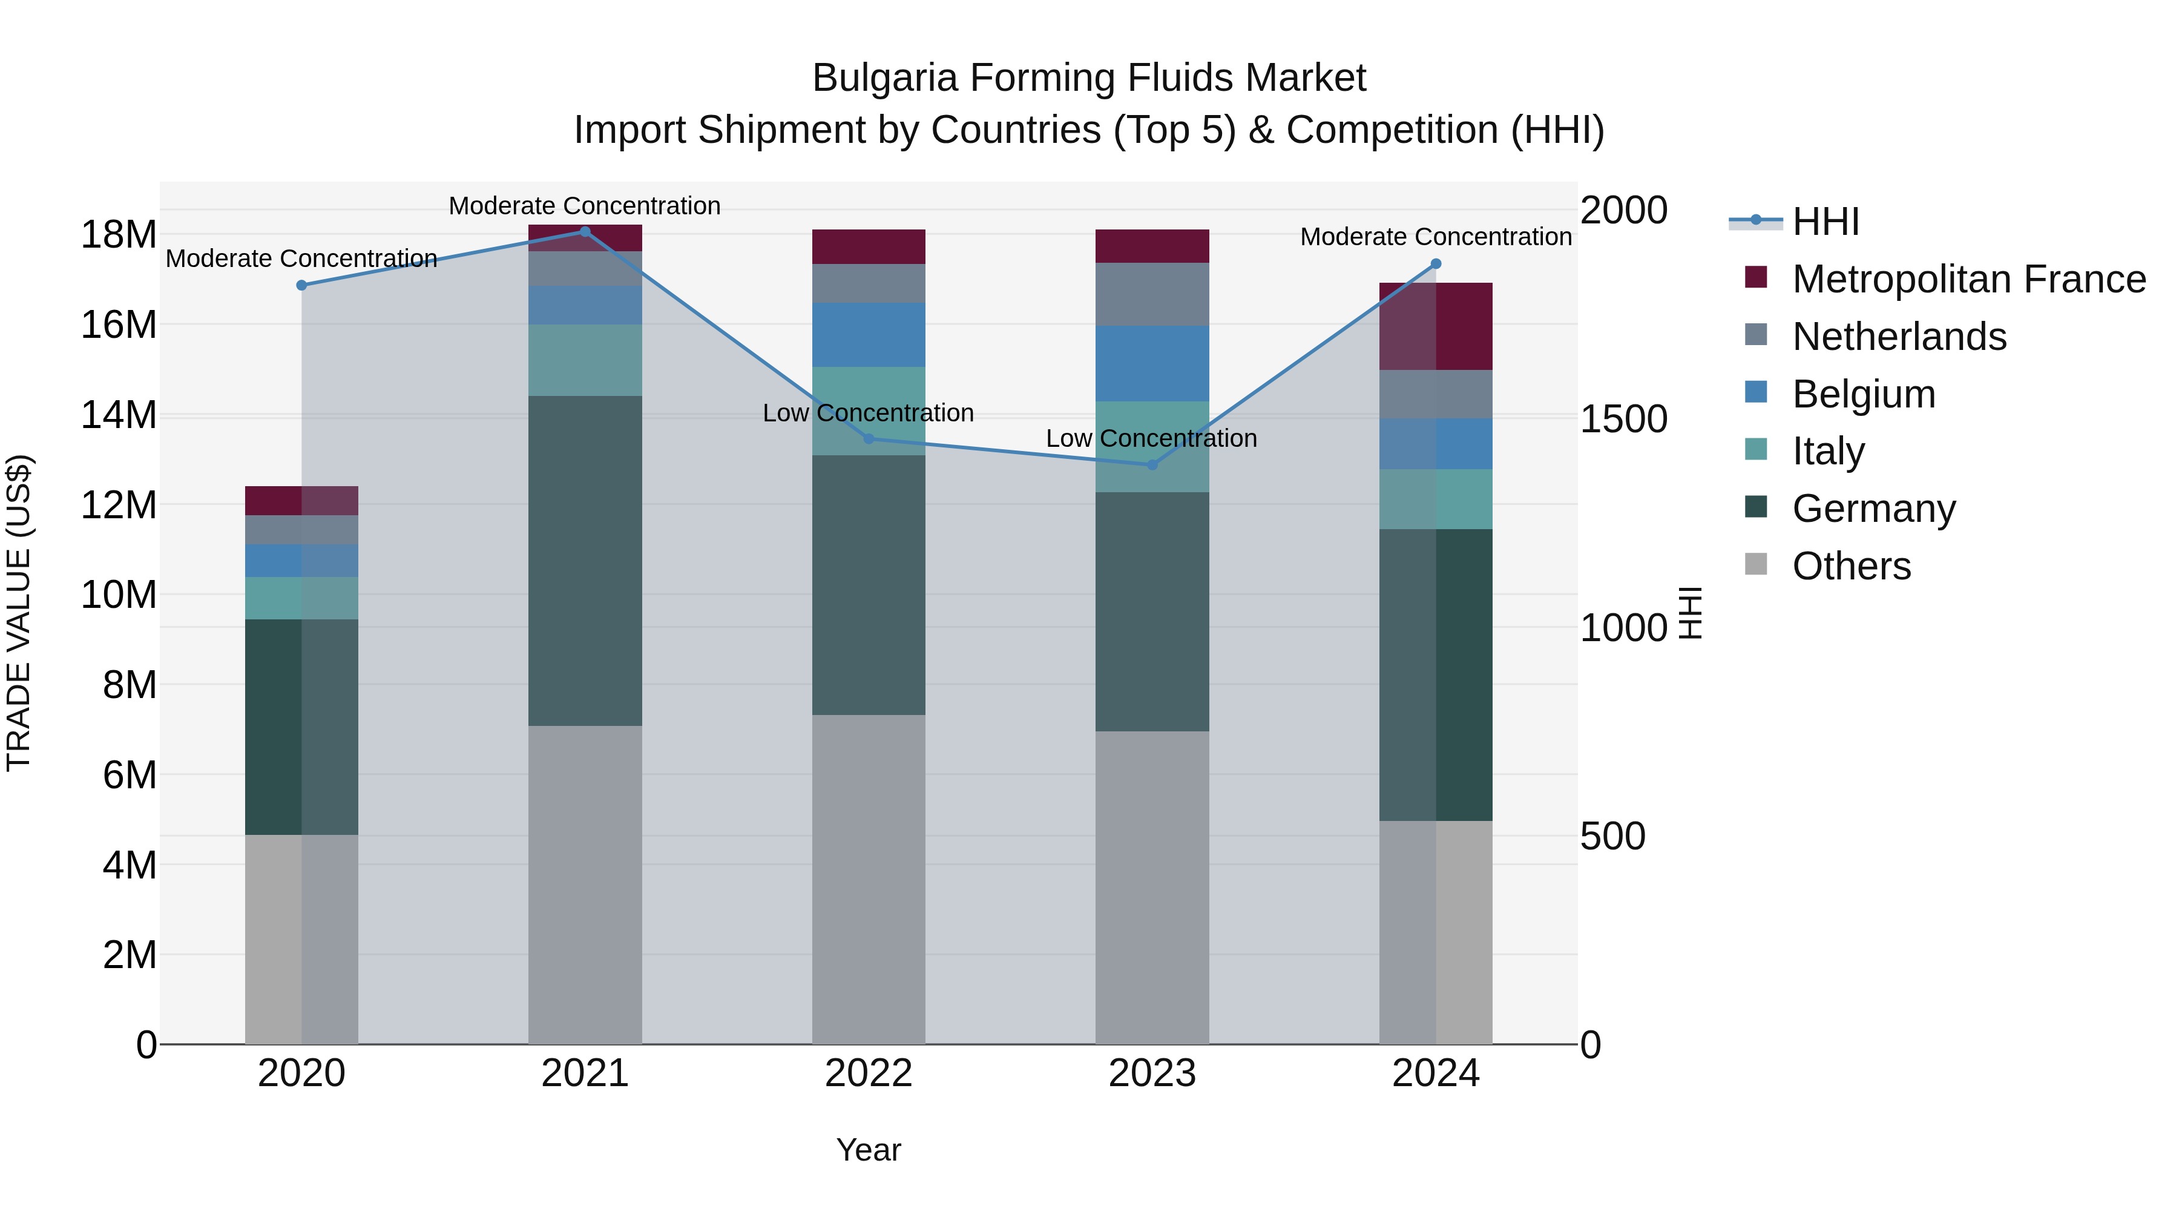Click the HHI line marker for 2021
585,232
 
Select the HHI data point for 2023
1151,464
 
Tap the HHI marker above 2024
1436,264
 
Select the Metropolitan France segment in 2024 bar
1436,326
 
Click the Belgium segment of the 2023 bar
1151,363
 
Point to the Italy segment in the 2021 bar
585,360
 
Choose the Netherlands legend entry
1898,337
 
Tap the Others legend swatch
1756,564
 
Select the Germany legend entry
1873,509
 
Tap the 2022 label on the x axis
869,1073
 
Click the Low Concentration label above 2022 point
868,413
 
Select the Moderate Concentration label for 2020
301,258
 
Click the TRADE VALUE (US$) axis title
19,613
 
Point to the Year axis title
869,1150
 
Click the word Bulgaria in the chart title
885,78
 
